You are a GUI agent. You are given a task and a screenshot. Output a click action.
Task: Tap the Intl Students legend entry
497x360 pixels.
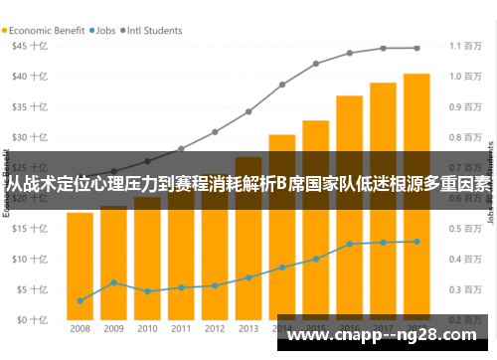click(155, 30)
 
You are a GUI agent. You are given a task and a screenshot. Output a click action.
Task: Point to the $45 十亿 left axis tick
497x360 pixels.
click(30, 46)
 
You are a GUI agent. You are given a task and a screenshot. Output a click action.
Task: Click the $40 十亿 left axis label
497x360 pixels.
click(30, 76)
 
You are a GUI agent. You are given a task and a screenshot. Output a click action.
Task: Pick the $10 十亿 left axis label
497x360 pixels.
click(30, 259)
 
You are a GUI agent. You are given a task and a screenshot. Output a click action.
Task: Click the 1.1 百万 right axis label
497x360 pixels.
click(464, 46)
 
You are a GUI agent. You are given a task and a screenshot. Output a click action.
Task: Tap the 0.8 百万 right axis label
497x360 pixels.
click(464, 137)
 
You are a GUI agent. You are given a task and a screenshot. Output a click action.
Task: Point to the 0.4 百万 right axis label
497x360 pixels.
click(464, 260)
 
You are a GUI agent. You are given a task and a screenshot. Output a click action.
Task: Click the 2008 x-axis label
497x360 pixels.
click(80, 328)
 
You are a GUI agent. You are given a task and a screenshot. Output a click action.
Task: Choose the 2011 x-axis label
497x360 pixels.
click(181, 328)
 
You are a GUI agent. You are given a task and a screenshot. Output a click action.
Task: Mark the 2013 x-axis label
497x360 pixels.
click(248, 328)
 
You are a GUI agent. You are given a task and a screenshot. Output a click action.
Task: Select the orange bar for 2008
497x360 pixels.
click(80, 269)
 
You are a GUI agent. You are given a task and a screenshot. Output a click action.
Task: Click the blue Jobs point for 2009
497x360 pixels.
click(113, 282)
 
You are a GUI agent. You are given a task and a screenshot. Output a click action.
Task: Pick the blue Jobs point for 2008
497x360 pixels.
click(80, 300)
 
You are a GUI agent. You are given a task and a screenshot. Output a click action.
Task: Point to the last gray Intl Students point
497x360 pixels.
click(416, 48)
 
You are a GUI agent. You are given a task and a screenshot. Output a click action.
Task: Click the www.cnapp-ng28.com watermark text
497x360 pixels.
click(384, 338)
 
